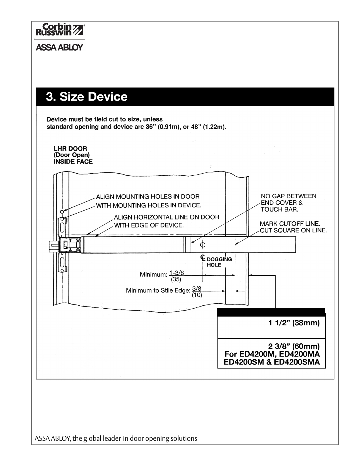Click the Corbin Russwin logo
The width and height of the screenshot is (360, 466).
click(x=60, y=30)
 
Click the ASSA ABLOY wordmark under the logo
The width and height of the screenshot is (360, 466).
click(x=59, y=48)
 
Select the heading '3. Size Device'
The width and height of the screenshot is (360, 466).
click(x=86, y=97)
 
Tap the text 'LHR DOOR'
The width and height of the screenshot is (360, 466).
click(x=70, y=149)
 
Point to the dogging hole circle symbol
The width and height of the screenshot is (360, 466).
click(x=202, y=244)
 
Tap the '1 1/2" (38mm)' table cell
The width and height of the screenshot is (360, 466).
click(x=294, y=323)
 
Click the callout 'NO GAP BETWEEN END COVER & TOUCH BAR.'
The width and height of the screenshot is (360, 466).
click(x=288, y=203)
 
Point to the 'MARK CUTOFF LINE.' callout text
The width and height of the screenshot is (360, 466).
click(x=290, y=224)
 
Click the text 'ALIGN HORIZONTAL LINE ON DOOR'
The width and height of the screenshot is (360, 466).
click(x=166, y=217)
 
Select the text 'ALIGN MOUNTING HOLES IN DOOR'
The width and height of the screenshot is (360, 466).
click(x=148, y=197)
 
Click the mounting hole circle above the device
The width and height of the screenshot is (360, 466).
click(x=62, y=212)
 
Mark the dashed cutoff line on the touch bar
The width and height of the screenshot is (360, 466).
click(x=235, y=244)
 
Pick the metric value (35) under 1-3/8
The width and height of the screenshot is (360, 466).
click(x=176, y=279)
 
